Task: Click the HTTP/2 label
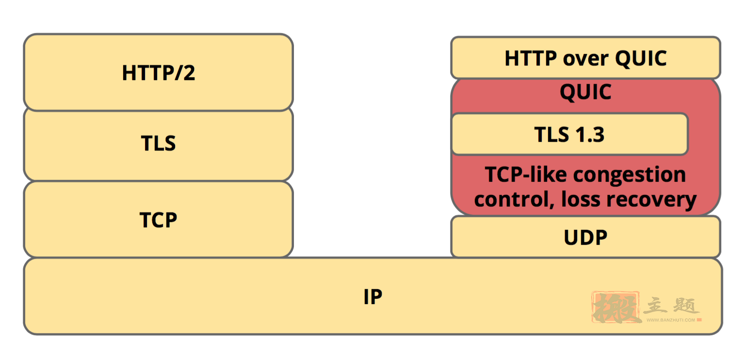click(159, 73)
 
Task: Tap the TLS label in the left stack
click(158, 143)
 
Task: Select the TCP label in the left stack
click(158, 220)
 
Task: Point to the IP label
click(373, 296)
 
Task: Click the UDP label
click(585, 238)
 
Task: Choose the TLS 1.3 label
click(569, 134)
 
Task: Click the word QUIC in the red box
click(585, 92)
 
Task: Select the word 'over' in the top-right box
click(586, 59)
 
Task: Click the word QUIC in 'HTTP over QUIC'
click(641, 59)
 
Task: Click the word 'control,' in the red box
click(515, 199)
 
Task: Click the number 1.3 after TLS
click(590, 134)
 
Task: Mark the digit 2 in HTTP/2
click(189, 73)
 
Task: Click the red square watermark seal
click(616, 307)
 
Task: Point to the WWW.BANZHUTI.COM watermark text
click(671, 320)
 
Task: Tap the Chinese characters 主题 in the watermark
click(671, 306)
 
